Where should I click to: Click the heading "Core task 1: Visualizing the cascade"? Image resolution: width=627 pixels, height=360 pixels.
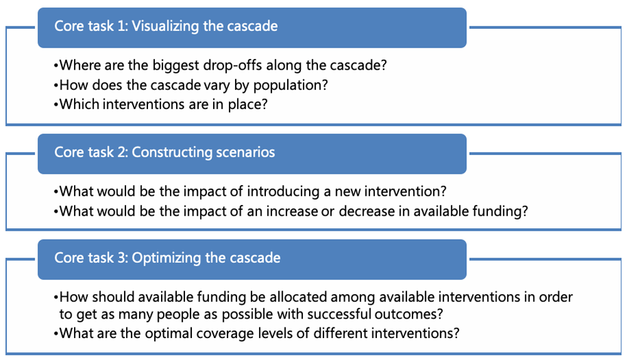click(x=166, y=26)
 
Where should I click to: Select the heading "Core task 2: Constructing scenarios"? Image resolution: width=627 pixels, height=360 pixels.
click(x=165, y=152)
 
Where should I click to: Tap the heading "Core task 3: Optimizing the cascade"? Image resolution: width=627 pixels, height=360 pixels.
click(x=167, y=258)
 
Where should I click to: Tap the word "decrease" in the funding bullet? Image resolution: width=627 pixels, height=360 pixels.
click(x=367, y=211)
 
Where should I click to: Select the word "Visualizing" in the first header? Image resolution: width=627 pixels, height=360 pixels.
click(x=166, y=26)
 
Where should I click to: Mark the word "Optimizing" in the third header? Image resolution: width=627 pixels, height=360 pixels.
click(x=166, y=258)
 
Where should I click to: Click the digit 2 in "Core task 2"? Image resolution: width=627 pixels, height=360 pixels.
click(x=122, y=152)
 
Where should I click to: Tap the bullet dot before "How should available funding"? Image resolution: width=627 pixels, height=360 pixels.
click(x=56, y=298)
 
